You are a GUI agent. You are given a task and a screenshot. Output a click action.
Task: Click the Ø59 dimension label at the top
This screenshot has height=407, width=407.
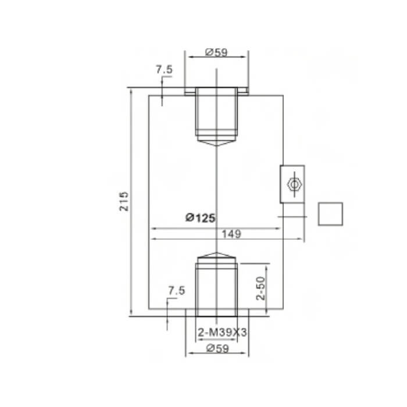pyautogui.click(x=216, y=52)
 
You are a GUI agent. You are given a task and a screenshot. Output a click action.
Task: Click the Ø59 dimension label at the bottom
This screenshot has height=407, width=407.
pyautogui.click(x=217, y=348)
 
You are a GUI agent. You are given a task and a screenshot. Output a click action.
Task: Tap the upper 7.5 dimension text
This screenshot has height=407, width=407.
pyautogui.click(x=164, y=69)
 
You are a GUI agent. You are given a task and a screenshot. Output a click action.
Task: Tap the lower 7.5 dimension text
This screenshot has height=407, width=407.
pyautogui.click(x=177, y=291)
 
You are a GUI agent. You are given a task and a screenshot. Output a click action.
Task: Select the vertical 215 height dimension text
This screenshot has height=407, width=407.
pyautogui.click(x=124, y=201)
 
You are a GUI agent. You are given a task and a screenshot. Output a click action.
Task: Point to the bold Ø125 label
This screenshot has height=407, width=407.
pyautogui.click(x=201, y=218)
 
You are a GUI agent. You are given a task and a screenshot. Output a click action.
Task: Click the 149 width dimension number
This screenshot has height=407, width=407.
pyautogui.click(x=231, y=234)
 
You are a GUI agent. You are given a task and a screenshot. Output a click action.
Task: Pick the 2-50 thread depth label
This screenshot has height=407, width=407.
pyautogui.click(x=261, y=288)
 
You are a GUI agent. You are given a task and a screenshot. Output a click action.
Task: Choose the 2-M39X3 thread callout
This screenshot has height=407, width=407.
pyautogui.click(x=222, y=332)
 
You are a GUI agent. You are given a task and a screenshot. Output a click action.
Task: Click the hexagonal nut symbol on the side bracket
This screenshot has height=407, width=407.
pyautogui.click(x=294, y=184)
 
